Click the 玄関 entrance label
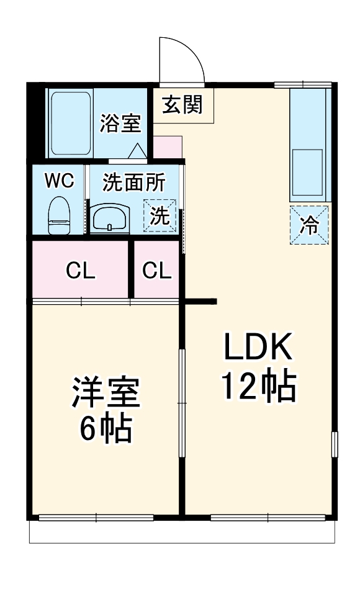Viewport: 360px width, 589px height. tap(182, 105)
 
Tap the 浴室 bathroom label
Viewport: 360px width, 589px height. tap(120, 123)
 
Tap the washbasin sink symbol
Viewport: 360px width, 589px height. tap(110, 217)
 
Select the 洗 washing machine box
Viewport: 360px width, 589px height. tap(160, 216)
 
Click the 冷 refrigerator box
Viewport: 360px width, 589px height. tap(308, 225)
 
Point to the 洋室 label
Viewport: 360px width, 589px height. tap(106, 392)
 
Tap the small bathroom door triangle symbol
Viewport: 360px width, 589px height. tap(137, 151)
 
